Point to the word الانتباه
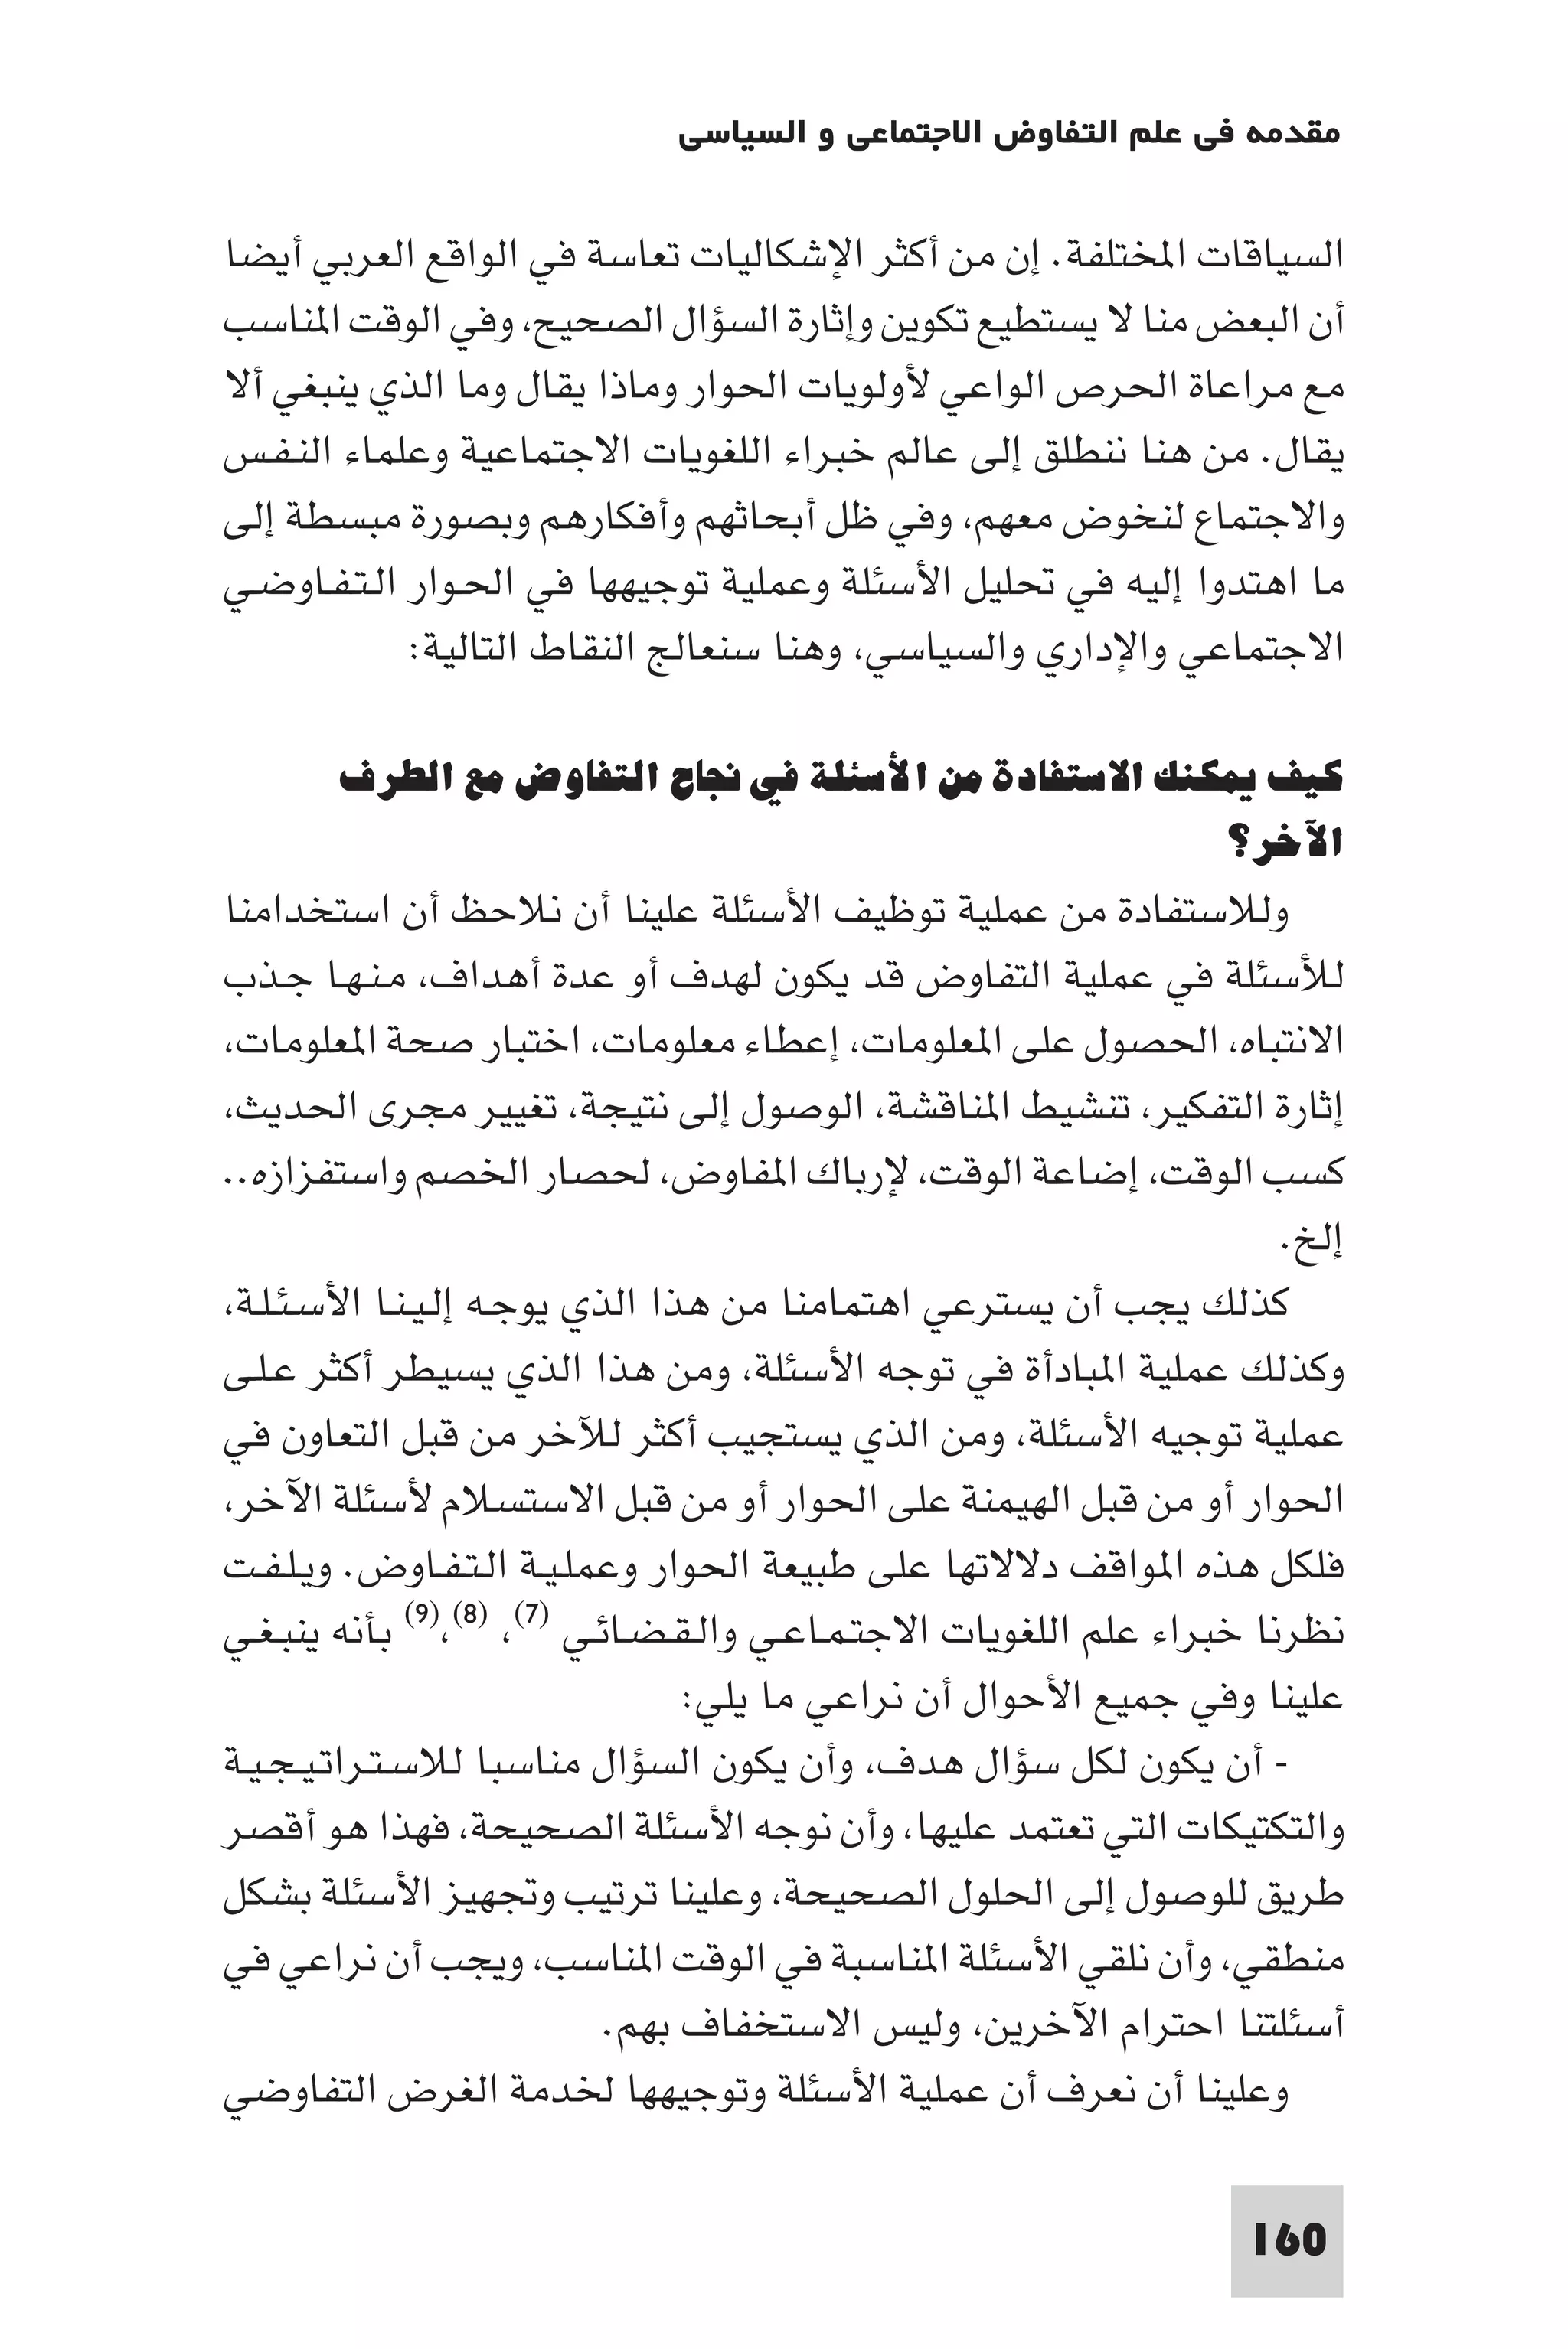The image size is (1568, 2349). tap(1284, 1042)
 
